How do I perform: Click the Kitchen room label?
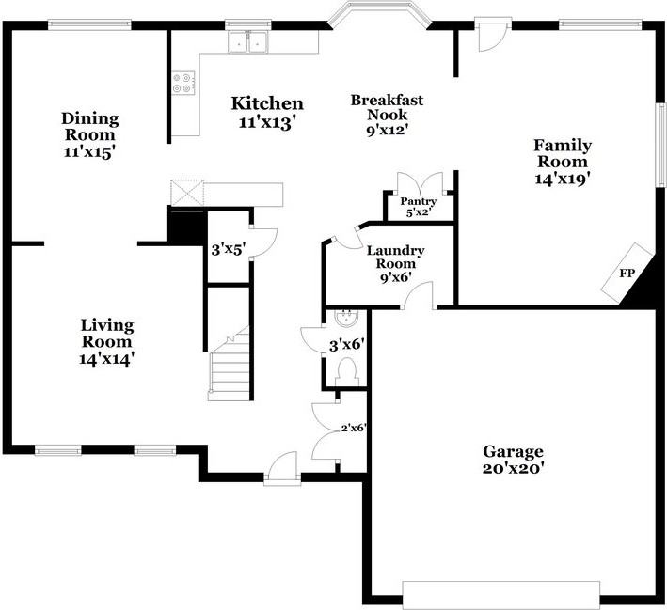click(268, 103)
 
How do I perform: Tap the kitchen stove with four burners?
click(183, 83)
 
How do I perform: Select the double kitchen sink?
click(249, 42)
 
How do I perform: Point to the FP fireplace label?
click(626, 274)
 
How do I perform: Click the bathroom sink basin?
click(346, 315)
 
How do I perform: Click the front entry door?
click(280, 466)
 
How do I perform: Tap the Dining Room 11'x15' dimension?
click(90, 150)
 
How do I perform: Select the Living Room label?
click(106, 333)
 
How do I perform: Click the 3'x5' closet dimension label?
click(228, 250)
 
